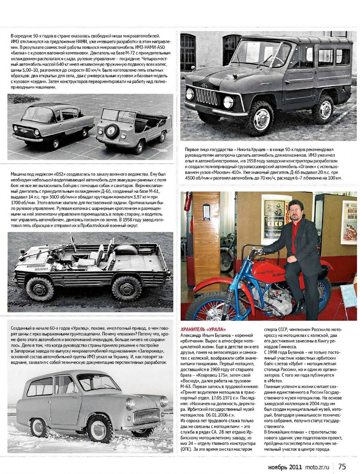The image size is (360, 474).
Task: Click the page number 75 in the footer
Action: [342, 466]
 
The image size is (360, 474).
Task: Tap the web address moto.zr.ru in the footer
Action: [318, 466]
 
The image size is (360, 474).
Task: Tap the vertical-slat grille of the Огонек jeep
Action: [206, 96]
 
